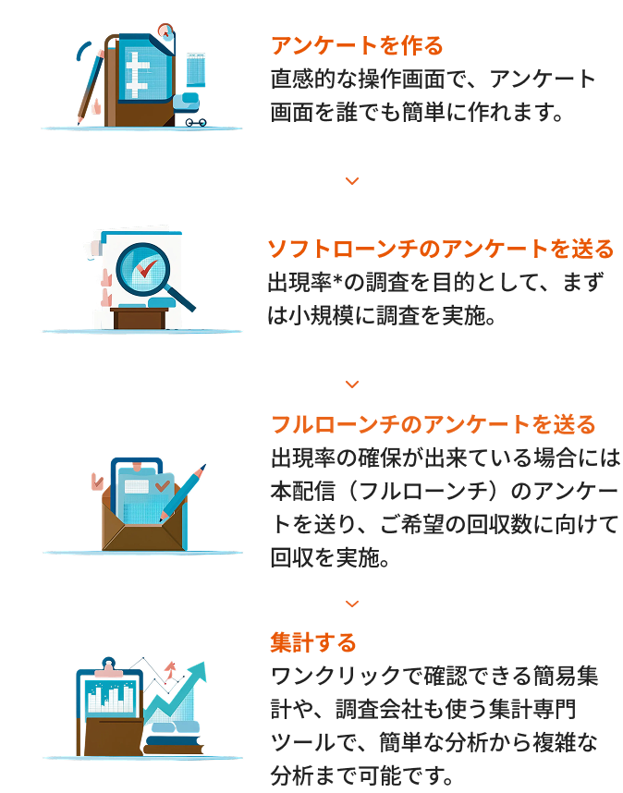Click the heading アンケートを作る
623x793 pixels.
point(357,45)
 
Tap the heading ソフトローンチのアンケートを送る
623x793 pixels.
point(440,250)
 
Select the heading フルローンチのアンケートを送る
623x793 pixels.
point(433,425)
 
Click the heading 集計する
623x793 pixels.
point(313,641)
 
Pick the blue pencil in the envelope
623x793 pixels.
point(181,494)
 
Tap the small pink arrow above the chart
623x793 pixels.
point(170,667)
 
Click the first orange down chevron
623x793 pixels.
point(351,181)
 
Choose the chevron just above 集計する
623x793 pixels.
point(351,604)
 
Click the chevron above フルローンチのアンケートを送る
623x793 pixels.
point(351,384)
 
